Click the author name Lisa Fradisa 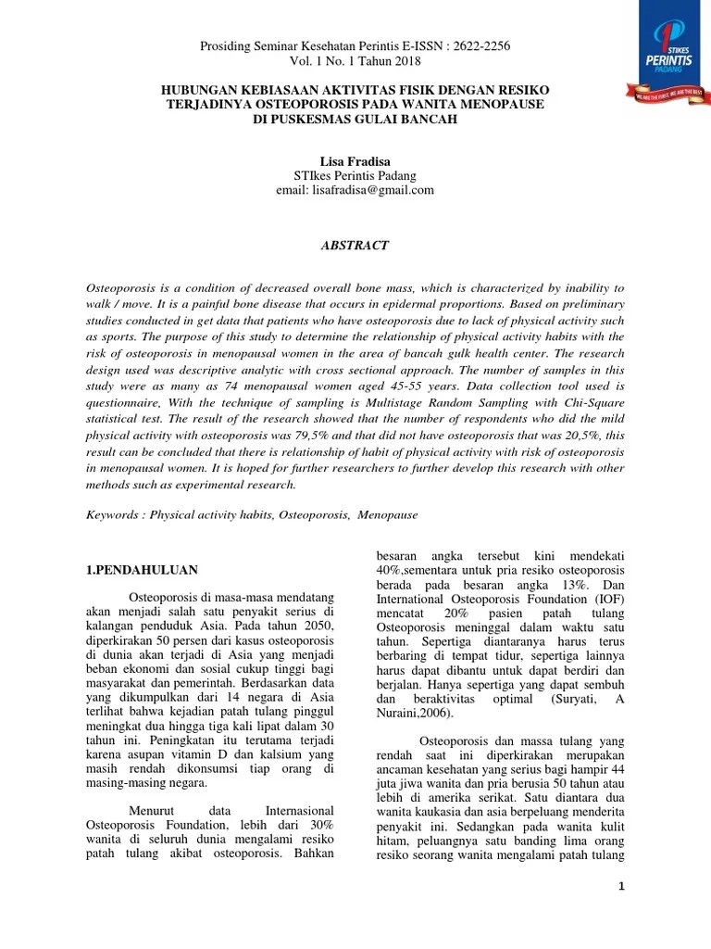pyautogui.click(x=355, y=161)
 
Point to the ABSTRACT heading pyautogui.click(x=355, y=246)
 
